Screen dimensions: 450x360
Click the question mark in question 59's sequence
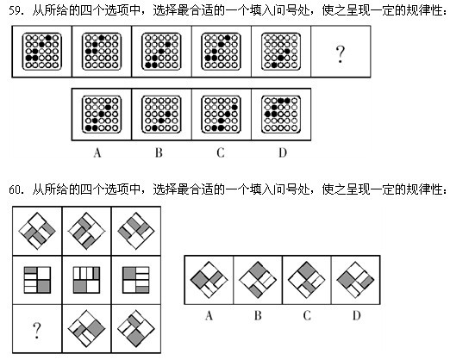(340, 54)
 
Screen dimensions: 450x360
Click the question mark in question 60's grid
(37, 330)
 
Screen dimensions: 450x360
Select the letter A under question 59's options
(97, 152)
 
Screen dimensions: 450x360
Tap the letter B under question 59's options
(159, 152)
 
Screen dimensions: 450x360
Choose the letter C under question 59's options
(221, 152)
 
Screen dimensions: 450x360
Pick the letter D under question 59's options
(283, 152)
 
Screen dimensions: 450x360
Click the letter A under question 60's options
(209, 315)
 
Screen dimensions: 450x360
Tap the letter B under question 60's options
(258, 315)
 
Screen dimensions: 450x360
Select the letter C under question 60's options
(307, 315)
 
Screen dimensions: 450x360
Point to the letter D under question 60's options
(356, 315)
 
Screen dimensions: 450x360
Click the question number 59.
(16, 11)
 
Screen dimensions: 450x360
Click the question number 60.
(16, 189)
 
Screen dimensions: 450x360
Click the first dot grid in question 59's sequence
(42, 52)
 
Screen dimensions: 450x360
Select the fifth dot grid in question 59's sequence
(281, 52)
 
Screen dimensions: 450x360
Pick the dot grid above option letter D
(281, 115)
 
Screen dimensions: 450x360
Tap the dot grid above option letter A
(102, 115)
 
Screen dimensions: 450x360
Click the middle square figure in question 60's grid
(86, 280)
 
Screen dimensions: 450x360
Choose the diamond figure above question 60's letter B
(258, 280)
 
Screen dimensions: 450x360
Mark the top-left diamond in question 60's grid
(37, 231)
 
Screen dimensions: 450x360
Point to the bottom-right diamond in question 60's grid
(136, 329)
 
